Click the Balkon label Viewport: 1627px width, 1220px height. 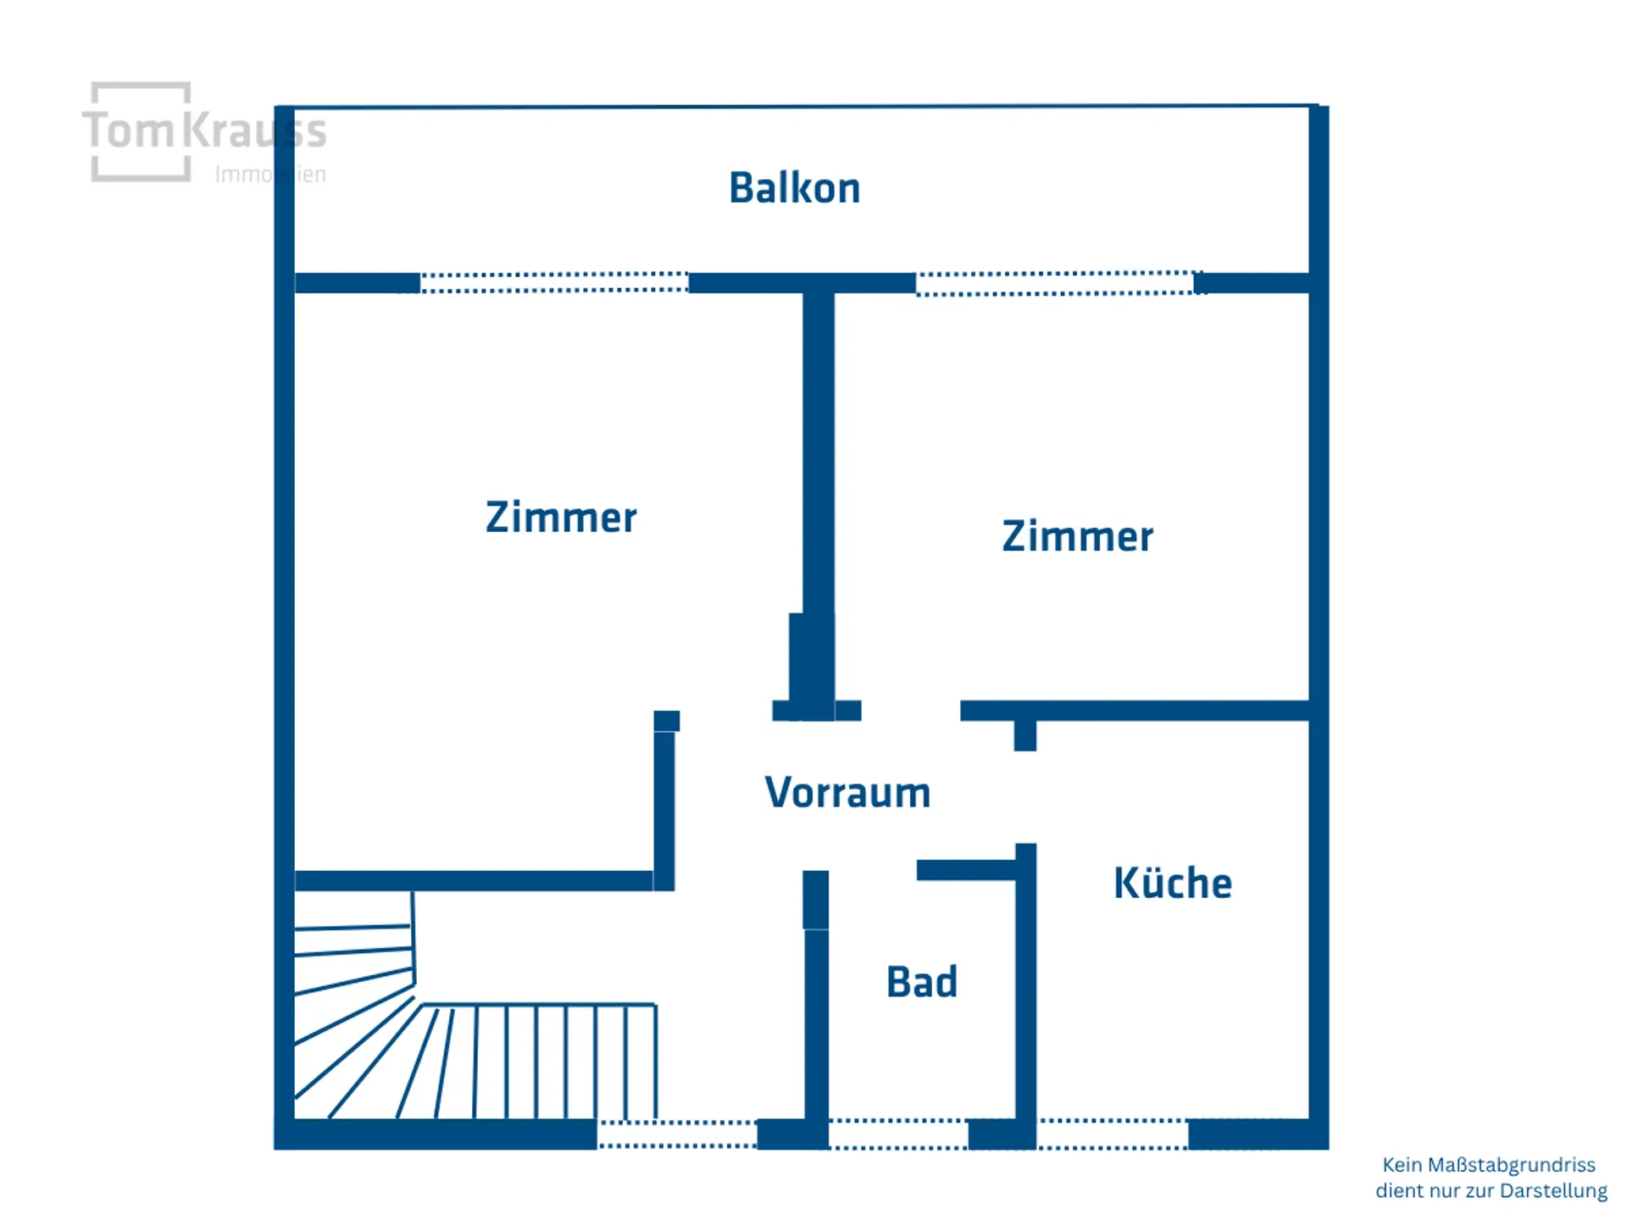tap(795, 188)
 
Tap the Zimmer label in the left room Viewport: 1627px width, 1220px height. tap(561, 517)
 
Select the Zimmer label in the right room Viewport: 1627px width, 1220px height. tap(1077, 536)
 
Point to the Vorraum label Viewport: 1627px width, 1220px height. tap(847, 793)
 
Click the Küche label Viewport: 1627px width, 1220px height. tap(1173, 882)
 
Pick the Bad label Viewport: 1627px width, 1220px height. tap(922, 982)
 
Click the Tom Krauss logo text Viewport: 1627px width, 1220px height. tap(204, 130)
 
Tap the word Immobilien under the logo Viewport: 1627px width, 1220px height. tap(270, 175)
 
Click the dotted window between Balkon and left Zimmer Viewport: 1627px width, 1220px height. tap(554, 282)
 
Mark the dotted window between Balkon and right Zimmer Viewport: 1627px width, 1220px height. tap(1056, 283)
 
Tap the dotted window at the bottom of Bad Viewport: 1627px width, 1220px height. tap(898, 1134)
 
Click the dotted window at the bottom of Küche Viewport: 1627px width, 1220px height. tap(1113, 1134)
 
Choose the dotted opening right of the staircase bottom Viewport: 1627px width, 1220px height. tap(677, 1134)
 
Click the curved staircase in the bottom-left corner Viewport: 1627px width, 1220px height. tap(475, 1017)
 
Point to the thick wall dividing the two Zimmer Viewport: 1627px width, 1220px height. tap(819, 500)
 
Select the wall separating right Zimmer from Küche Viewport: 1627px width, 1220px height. tap(1135, 711)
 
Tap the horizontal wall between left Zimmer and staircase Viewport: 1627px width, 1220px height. tap(474, 880)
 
